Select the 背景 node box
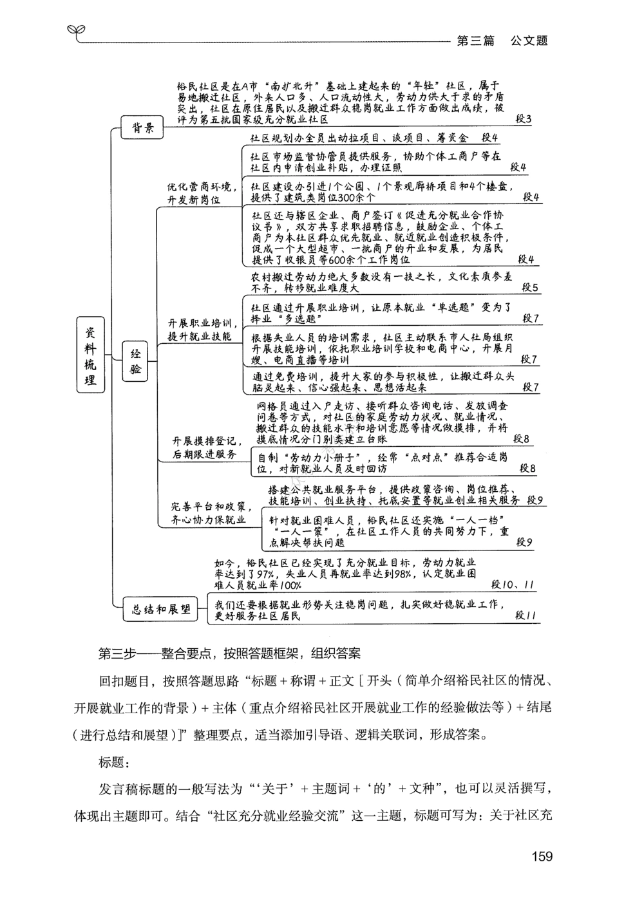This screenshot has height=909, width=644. pos(143,127)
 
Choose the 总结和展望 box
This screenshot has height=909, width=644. pos(161,610)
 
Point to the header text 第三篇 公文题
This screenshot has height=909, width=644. pos(502,41)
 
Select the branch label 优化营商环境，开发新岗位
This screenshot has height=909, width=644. pos(198,193)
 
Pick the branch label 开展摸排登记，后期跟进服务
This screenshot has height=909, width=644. pos(206,447)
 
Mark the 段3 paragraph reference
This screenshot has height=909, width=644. pos(523,119)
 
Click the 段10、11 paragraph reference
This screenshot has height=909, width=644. pos(513,585)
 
